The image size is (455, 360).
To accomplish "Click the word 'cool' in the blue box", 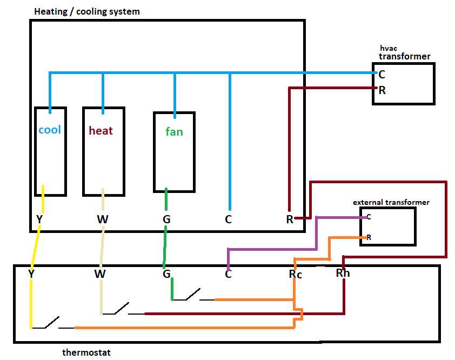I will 50,130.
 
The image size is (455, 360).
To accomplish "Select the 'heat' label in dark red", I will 101,130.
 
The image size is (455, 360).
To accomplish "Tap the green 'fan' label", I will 174,131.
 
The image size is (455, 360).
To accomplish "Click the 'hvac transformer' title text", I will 404,52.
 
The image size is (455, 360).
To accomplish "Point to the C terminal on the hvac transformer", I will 382,75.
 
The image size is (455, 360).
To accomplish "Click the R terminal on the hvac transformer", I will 382,90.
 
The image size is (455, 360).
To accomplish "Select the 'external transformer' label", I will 391,202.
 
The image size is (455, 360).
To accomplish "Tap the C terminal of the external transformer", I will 369,217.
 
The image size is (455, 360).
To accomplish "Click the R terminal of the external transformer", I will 369,237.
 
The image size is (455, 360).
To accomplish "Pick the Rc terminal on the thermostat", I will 295,274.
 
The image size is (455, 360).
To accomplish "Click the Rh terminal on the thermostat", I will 343,273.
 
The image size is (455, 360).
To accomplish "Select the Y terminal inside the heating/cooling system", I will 39,219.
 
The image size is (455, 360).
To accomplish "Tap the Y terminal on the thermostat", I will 31,274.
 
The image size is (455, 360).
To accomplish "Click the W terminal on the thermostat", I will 100,274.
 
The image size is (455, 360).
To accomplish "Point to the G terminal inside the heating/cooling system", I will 166,219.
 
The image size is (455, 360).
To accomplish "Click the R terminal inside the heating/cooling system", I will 290,219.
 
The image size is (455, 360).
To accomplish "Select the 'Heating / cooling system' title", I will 86,11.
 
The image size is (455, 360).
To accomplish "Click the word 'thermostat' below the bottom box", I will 86,352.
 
